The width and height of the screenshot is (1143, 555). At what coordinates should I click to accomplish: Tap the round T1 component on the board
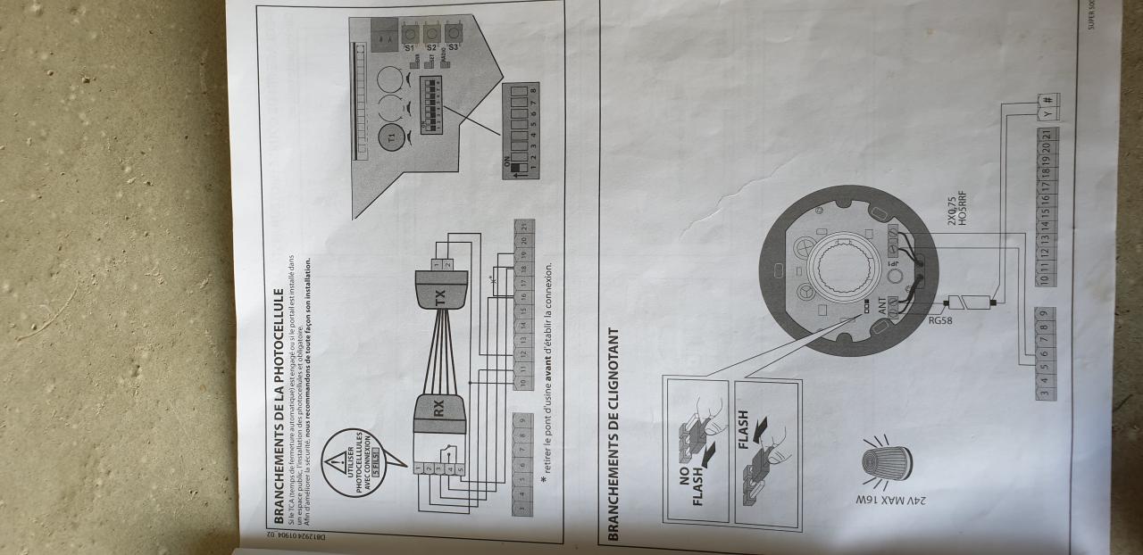(x=390, y=136)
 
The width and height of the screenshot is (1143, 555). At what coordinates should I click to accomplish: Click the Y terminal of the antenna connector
(x=1047, y=112)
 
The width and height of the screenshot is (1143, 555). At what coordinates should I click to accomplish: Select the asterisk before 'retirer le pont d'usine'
(x=544, y=478)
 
